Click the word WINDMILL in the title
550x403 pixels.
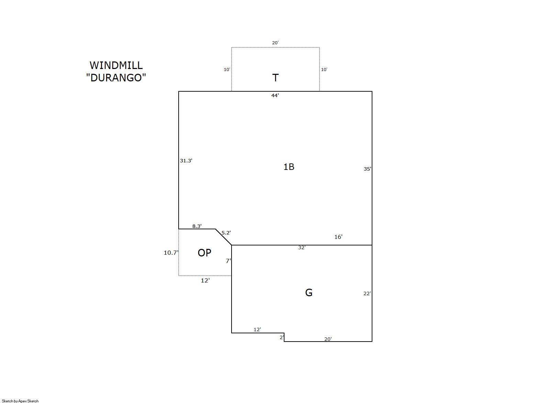click(116, 66)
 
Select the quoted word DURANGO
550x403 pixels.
click(116, 78)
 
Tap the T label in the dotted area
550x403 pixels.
click(275, 78)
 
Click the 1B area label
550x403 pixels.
click(289, 167)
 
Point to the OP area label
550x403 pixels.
click(204, 253)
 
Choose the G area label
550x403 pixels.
click(308, 292)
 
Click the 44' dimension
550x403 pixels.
click(275, 95)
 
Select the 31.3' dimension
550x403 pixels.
click(186, 161)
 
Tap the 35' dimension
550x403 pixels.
click(368, 169)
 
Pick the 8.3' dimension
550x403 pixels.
click(197, 226)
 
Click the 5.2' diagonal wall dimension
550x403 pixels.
click(226, 232)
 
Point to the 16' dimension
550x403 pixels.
click(338, 237)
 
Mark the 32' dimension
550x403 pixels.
click(302, 247)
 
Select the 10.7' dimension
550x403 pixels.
click(171, 253)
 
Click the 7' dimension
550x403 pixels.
click(228, 261)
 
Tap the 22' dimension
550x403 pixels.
click(367, 293)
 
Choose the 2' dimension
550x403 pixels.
click(282, 337)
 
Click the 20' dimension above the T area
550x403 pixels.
click(275, 43)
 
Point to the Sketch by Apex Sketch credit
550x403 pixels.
click(20, 401)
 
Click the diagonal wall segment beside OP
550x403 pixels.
click(223, 237)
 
